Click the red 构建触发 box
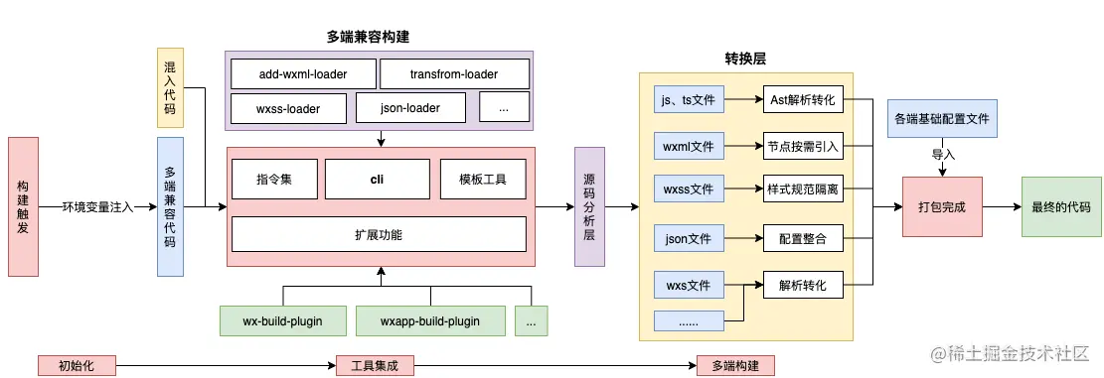tap(23, 206)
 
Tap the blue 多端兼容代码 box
tap(170, 206)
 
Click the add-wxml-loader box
tap(303, 74)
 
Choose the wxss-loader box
tap(289, 107)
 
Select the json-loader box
tap(410, 107)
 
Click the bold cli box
tap(377, 180)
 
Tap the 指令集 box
tap(274, 180)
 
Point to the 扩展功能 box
tap(378, 234)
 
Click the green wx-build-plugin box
tap(284, 320)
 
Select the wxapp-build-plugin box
tap(430, 320)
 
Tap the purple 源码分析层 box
tap(589, 206)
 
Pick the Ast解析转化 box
tap(803, 100)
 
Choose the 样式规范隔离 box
tap(803, 189)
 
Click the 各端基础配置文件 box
tap(941, 119)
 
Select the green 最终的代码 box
tap(1061, 206)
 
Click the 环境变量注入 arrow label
tap(97, 206)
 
